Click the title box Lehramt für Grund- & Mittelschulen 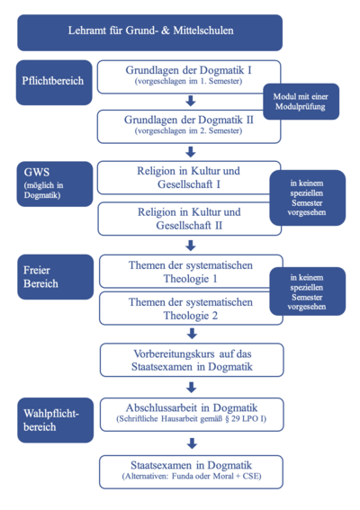(149, 32)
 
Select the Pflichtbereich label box (54, 82)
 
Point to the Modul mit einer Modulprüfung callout (301, 102)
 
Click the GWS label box (55, 184)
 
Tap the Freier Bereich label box (55, 277)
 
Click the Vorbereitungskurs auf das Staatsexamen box (192, 360)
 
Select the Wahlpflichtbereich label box (55, 420)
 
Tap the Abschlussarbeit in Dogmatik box (192, 415)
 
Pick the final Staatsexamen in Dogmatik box (191, 472)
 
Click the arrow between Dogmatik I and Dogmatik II (191, 101)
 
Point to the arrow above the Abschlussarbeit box (192, 387)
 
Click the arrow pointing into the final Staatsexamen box (192, 443)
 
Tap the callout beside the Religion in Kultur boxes (308, 198)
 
